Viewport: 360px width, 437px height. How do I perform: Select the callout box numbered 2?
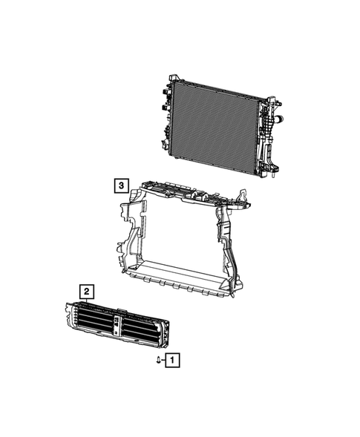[x=87, y=291]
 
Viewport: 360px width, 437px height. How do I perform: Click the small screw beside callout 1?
[x=159, y=361]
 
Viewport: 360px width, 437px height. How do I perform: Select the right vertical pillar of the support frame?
[x=226, y=245]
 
